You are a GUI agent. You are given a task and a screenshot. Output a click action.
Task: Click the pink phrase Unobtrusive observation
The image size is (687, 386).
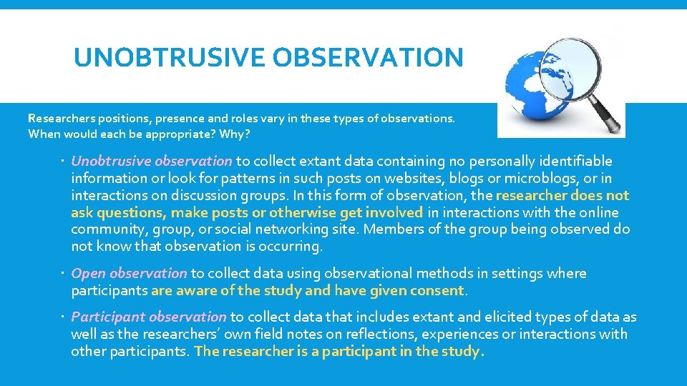tap(152, 161)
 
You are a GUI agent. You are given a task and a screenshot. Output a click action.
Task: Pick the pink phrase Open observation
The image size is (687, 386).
tap(130, 273)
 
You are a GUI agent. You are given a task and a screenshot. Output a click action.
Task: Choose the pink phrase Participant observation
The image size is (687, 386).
tap(149, 317)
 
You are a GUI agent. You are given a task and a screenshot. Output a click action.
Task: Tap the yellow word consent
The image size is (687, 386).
tap(437, 290)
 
